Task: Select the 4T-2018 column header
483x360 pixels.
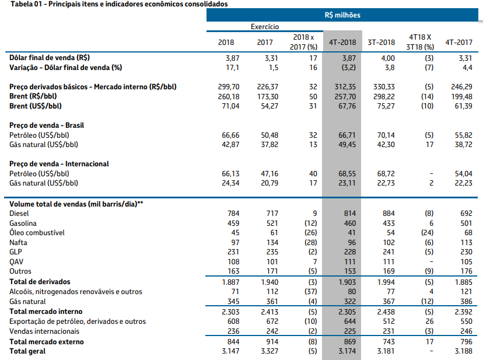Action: (x=342, y=42)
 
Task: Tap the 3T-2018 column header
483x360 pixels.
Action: (x=381, y=42)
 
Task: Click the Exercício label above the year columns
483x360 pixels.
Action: (x=264, y=27)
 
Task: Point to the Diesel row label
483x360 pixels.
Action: (x=20, y=213)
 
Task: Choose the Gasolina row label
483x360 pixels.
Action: (x=23, y=223)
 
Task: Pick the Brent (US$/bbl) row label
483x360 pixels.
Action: (x=36, y=106)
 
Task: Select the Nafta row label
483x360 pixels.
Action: (x=19, y=242)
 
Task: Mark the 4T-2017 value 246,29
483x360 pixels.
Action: (x=461, y=87)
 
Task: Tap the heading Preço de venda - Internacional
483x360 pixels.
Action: (x=59, y=164)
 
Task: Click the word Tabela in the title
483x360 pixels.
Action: (x=22, y=4)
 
